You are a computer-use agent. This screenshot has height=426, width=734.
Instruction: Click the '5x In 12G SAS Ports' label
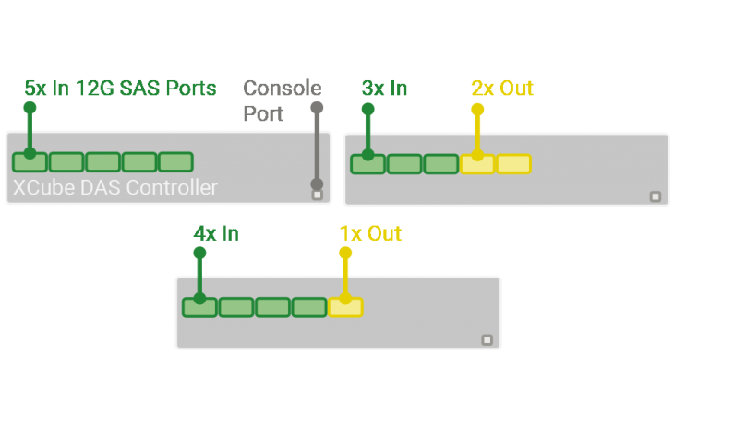click(x=120, y=89)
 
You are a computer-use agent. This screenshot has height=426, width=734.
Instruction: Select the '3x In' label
click(x=384, y=89)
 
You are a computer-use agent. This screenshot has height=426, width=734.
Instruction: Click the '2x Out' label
click(x=501, y=89)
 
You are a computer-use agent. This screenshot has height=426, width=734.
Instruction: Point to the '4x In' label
click(x=215, y=233)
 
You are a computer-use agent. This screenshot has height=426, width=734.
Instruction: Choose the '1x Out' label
click(x=370, y=233)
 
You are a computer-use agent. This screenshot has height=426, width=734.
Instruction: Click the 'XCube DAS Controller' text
click(x=115, y=188)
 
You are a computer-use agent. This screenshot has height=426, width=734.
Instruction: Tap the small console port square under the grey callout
click(x=318, y=195)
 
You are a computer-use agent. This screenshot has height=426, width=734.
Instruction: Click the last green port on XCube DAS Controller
click(x=175, y=162)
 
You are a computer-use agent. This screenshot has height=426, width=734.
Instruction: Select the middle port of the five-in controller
click(x=102, y=162)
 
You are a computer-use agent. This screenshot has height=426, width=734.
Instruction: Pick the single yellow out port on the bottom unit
click(x=345, y=307)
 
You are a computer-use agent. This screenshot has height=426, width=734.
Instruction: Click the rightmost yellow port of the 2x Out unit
click(x=513, y=164)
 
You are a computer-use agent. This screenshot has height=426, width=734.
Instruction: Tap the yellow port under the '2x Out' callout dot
click(x=477, y=164)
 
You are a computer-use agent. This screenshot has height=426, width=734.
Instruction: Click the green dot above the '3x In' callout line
click(x=367, y=109)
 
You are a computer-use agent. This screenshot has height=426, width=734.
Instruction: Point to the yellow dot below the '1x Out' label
click(x=345, y=253)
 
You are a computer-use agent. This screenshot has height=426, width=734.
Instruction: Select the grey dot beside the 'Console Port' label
click(x=318, y=108)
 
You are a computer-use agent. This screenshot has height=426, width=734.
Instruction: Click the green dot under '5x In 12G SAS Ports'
click(x=30, y=108)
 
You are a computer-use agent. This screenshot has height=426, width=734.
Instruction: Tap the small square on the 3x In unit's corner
click(x=656, y=195)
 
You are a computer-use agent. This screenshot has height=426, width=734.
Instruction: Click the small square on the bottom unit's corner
click(x=487, y=339)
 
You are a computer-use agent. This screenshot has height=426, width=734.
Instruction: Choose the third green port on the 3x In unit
click(x=440, y=164)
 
